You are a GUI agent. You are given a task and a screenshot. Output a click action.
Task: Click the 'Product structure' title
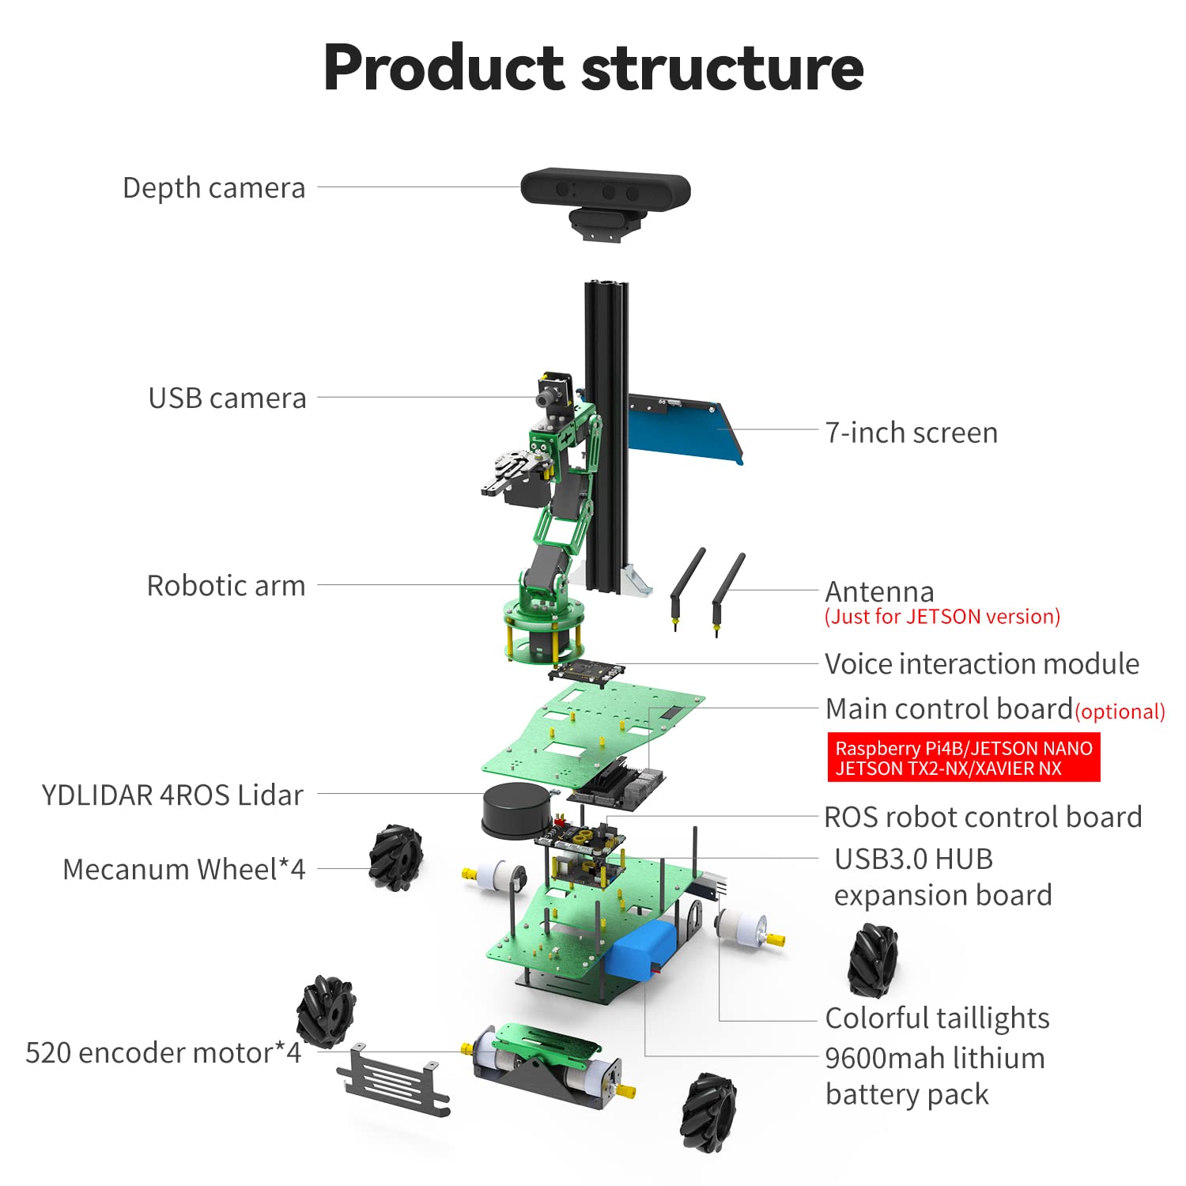593,68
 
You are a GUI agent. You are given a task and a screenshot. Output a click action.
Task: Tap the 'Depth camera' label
213,188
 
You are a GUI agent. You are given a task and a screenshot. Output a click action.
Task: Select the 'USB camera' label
227,398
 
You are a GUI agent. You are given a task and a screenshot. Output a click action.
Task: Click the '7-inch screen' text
911,432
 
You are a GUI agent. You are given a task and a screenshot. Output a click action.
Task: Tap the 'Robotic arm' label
226,586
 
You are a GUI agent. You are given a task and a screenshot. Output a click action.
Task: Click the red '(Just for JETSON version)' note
942,617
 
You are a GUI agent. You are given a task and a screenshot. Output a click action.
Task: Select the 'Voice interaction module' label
981,664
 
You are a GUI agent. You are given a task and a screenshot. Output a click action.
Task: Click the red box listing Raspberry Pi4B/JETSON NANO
963,758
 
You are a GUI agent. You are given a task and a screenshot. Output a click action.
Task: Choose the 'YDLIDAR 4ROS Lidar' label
172,795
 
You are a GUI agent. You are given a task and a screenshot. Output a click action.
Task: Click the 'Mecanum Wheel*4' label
183,869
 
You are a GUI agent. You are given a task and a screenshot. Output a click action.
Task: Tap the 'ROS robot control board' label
983,817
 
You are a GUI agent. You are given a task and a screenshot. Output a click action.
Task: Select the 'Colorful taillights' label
937,1018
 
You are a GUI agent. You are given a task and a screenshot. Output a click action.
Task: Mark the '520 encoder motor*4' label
163,1053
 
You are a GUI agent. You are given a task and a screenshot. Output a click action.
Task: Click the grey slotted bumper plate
393,1079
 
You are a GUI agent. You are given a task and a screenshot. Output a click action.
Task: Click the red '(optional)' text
1120,712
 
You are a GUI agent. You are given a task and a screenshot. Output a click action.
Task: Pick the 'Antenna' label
879,591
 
